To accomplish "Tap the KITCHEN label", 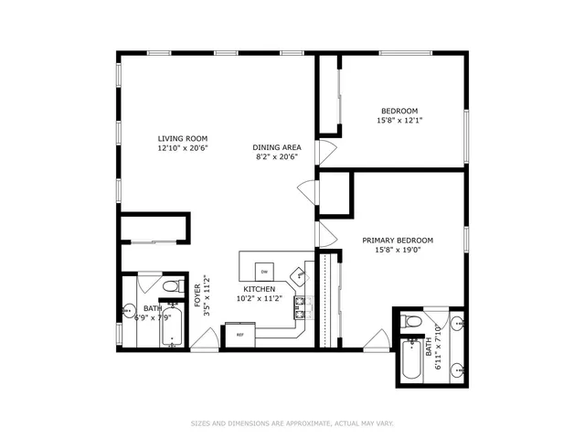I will pyautogui.click(x=259, y=289).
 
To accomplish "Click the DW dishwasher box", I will pyautogui.click(x=264, y=272).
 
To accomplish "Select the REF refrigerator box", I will pyautogui.click(x=240, y=335).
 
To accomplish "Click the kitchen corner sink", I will pyautogui.click(x=298, y=273).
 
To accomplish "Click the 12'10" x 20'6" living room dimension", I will pyautogui.click(x=182, y=147).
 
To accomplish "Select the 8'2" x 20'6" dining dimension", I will pyautogui.click(x=277, y=156).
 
